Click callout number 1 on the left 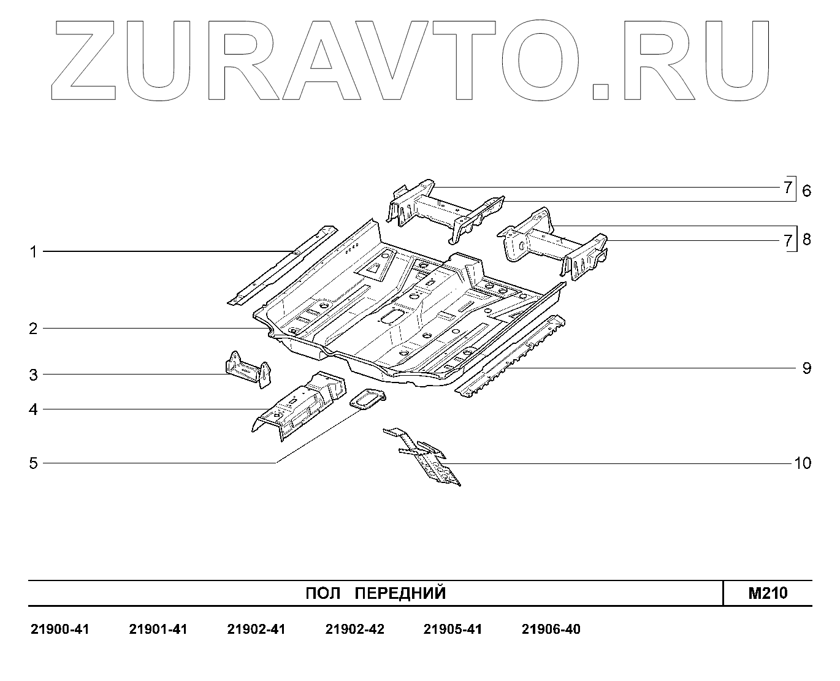(x=34, y=252)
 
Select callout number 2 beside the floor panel (x=34, y=329)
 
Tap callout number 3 (x=34, y=375)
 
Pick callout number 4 (x=34, y=409)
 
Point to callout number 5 (x=34, y=463)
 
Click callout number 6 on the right (x=806, y=191)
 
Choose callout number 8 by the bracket (x=806, y=239)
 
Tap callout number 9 (x=806, y=368)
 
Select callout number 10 (x=802, y=463)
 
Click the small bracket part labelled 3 (x=248, y=370)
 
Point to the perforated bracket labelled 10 (x=429, y=458)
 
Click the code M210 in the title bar (x=768, y=593)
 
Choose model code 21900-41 (x=59, y=630)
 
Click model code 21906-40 (x=551, y=630)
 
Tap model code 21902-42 (x=354, y=630)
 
